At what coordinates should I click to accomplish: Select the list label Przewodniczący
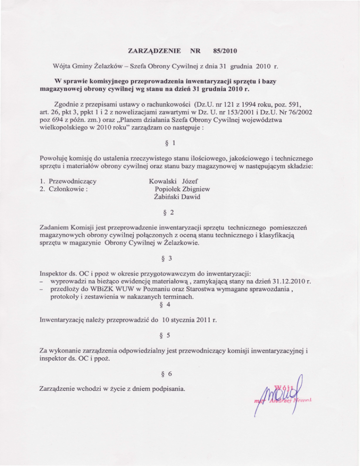[73, 181]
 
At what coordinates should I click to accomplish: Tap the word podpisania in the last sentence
[167, 389]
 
